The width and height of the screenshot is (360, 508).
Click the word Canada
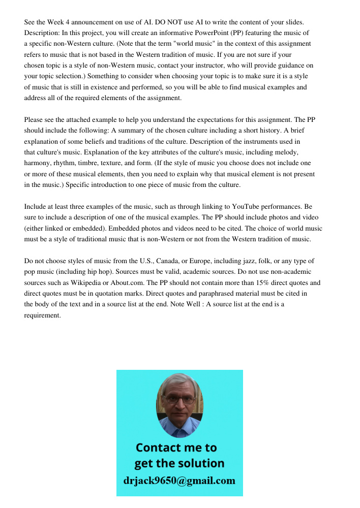(x=164, y=261)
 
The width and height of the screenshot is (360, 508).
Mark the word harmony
(x=40, y=163)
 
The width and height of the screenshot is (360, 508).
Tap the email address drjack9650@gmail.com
(x=179, y=480)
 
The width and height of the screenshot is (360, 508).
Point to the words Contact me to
(x=176, y=448)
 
